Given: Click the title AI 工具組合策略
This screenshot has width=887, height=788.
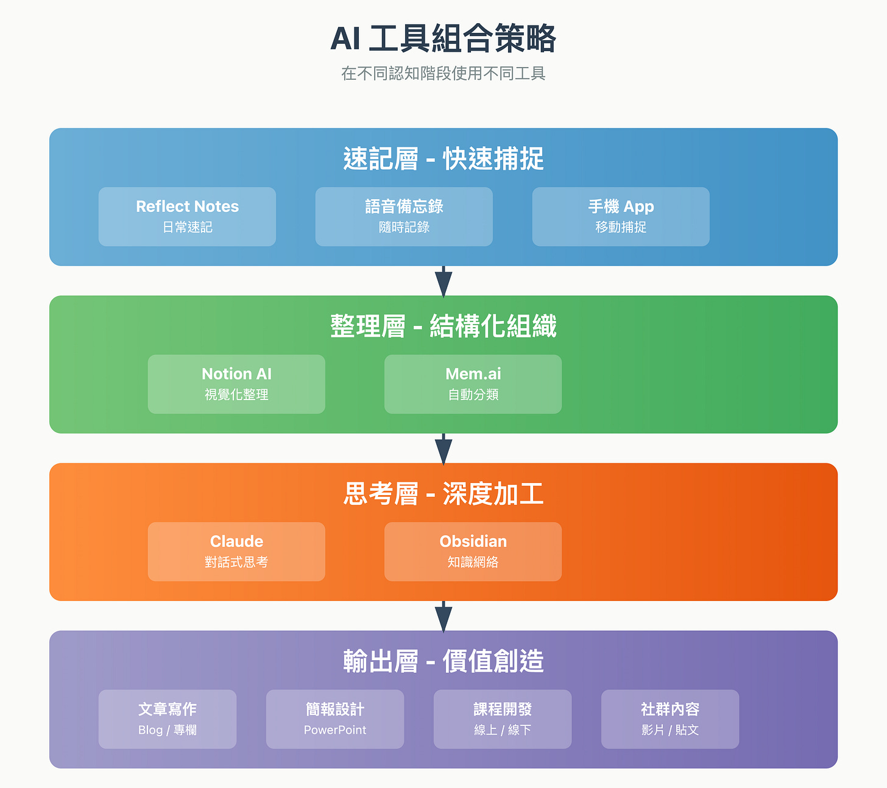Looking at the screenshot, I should (443, 39).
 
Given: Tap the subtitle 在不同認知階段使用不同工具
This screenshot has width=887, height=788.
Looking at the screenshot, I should (443, 74).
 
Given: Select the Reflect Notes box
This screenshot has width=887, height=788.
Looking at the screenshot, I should (187, 217).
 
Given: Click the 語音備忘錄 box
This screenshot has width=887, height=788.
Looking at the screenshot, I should (404, 217).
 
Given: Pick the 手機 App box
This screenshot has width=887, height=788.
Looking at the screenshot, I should (621, 217).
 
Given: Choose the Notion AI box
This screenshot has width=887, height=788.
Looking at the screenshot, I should (236, 384).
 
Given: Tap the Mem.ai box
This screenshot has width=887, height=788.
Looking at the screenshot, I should (473, 384).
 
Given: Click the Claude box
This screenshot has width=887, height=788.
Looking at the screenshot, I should (236, 552).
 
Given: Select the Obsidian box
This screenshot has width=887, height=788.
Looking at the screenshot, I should (473, 552).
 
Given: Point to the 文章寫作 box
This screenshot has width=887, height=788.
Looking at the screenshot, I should (168, 719).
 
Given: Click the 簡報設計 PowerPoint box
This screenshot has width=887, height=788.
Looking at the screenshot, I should (335, 719).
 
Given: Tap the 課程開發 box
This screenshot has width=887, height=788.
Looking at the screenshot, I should (503, 719).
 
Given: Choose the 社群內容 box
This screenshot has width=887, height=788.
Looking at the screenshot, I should (670, 719).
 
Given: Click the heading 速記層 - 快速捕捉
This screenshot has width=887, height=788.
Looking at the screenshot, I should (443, 159).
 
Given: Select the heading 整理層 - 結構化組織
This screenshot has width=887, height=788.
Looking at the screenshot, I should (443, 326).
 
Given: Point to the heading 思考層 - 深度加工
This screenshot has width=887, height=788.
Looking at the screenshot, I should (443, 494).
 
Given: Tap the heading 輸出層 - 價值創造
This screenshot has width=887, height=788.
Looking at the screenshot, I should (443, 661).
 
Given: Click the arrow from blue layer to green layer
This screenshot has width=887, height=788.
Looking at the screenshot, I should (443, 281).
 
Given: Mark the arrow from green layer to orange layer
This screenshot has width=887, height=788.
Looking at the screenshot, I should (443, 449).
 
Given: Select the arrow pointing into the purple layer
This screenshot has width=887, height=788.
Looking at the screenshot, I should (443, 616).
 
